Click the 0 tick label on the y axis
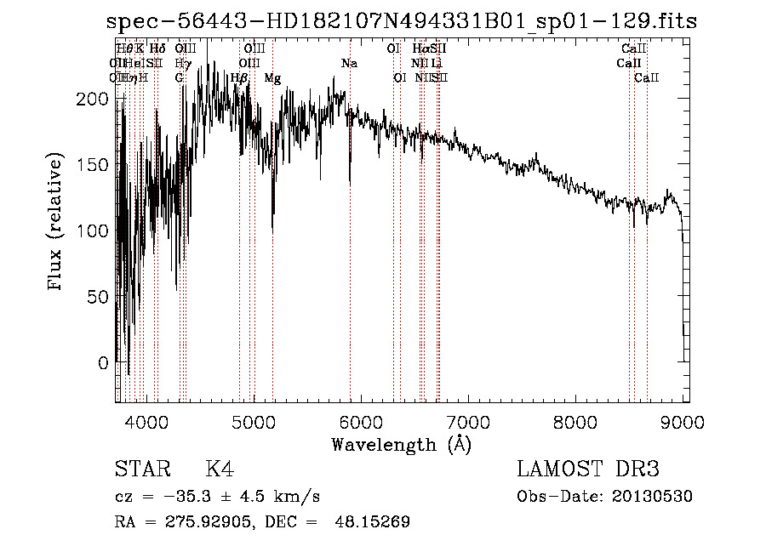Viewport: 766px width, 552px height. [103, 363]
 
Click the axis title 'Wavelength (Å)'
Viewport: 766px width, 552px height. [401, 443]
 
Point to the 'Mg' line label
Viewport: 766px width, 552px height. [272, 78]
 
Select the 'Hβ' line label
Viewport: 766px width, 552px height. [239, 78]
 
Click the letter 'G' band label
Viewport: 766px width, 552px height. [180, 78]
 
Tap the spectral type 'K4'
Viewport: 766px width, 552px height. [220, 469]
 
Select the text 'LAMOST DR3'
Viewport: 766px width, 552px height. [587, 469]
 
